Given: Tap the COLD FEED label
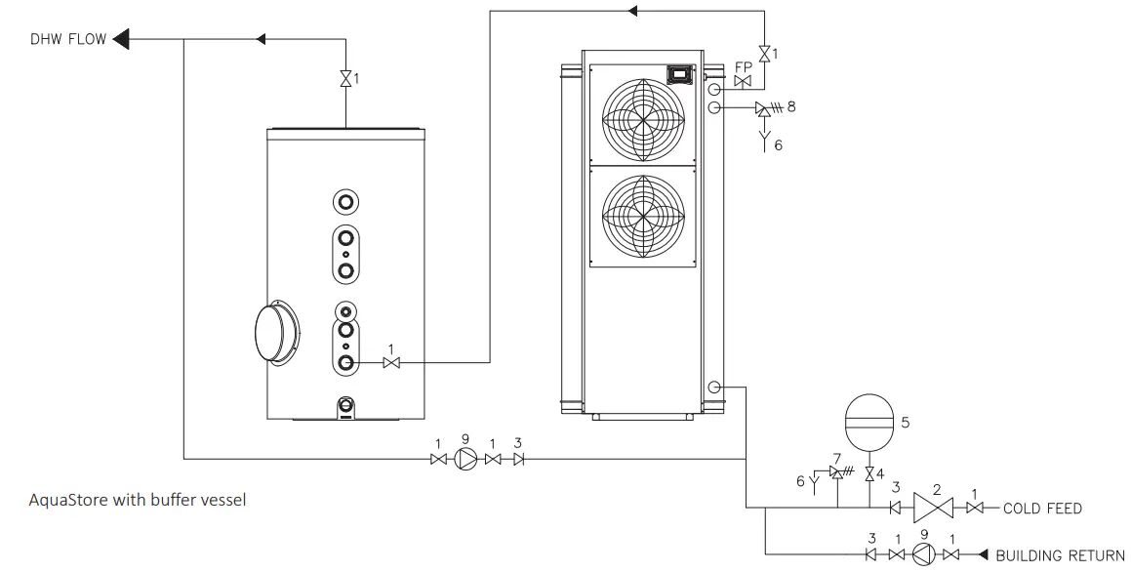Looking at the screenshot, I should pos(1043,509).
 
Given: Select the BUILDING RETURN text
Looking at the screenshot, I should pos(1059,555).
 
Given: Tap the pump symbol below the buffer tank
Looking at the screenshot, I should pos(465,460).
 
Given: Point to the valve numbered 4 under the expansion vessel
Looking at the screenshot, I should pos(868,475).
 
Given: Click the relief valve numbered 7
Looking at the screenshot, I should pos(835,472).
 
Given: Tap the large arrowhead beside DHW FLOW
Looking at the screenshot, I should pos(122,39).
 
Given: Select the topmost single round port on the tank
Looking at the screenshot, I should pos(345,202).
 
